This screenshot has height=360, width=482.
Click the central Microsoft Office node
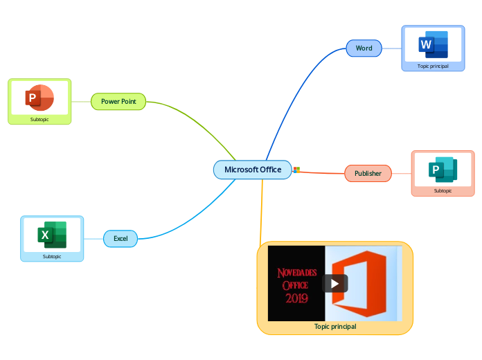click(252, 170)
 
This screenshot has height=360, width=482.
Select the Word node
click(364, 48)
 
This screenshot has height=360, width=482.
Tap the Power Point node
click(118, 102)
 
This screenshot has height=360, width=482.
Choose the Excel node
click(120, 239)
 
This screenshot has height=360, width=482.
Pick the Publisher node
click(368, 173)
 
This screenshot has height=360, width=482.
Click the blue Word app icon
click(433, 45)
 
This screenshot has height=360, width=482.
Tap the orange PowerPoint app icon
click(39, 98)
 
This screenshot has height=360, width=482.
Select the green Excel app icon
click(52, 235)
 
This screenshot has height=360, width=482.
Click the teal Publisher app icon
click(443, 170)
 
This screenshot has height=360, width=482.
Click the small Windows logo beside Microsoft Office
click(296, 170)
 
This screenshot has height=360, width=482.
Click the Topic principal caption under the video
click(335, 326)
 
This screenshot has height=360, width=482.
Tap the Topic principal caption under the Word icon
click(433, 66)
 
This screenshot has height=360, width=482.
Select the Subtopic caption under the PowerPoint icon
click(39, 119)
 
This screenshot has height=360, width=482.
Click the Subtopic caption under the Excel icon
click(52, 256)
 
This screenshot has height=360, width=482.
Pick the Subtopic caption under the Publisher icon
click(443, 190)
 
